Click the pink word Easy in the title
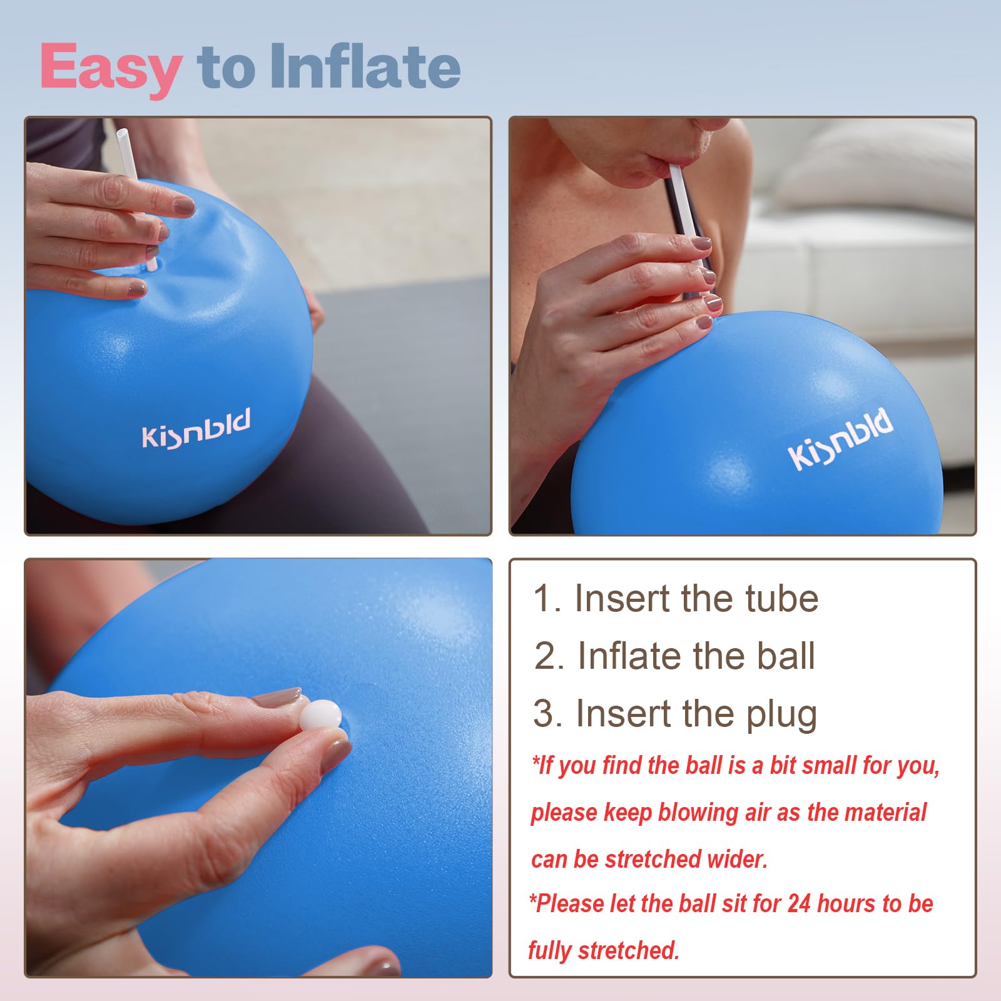click(111, 68)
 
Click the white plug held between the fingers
click(320, 714)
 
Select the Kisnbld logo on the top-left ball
click(196, 429)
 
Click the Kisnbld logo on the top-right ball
click(840, 439)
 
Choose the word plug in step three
click(782, 714)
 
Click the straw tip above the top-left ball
click(122, 134)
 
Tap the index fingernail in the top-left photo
click(183, 205)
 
